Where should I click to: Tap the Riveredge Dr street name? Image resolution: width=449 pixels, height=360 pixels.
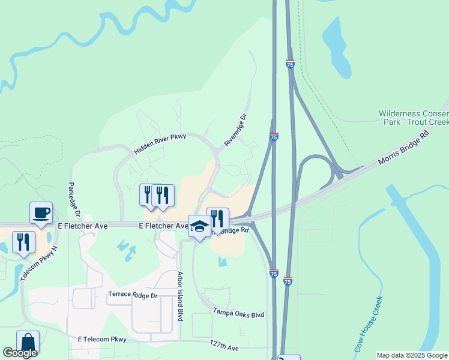(235, 131)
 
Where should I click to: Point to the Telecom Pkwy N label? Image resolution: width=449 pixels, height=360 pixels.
(38, 264)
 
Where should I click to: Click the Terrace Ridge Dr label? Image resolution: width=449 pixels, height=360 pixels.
(132, 296)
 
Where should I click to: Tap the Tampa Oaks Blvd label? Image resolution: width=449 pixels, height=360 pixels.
(238, 313)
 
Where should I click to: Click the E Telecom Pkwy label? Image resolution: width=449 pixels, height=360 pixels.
(102, 340)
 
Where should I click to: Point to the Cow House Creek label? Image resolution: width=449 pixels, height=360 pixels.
(368, 324)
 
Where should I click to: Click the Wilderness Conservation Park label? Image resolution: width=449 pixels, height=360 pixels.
(413, 118)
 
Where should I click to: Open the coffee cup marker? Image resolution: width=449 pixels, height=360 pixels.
(41, 213)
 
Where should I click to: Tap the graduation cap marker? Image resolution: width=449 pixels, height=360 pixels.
(199, 226)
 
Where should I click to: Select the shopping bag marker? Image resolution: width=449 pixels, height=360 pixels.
(28, 342)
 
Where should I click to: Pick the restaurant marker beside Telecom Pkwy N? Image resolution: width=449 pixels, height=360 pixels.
(23, 242)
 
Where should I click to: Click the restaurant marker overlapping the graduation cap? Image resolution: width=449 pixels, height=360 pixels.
(217, 219)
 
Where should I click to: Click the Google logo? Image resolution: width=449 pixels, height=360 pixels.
(20, 353)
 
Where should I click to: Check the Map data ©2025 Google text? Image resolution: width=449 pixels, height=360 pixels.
(412, 355)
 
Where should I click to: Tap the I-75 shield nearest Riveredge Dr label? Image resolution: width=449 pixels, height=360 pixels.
(273, 137)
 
